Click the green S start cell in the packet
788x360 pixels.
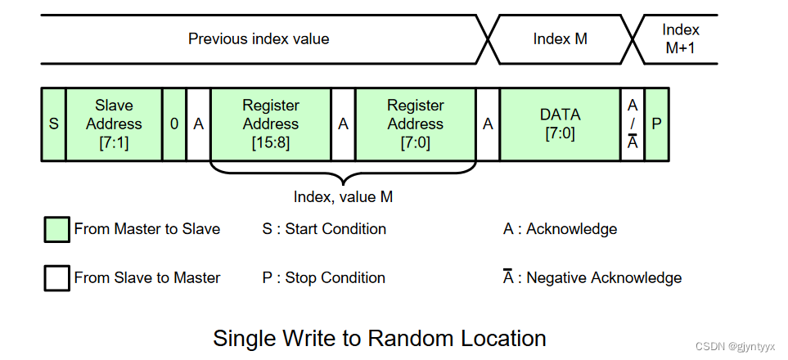tap(53, 124)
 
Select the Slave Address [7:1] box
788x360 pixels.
tap(114, 124)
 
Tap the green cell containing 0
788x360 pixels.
tap(174, 124)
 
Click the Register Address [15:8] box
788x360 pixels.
tap(271, 124)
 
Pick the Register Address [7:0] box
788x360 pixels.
tap(415, 124)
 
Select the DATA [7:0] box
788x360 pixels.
tap(560, 124)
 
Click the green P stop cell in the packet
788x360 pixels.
tap(656, 124)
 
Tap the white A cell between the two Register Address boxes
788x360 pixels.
tap(344, 124)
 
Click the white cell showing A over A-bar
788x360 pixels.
tap(633, 124)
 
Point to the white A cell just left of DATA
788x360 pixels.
tap(488, 124)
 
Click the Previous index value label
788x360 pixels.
tap(259, 38)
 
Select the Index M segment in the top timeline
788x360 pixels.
tap(560, 38)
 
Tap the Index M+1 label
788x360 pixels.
tap(680, 38)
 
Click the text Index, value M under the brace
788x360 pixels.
tap(343, 196)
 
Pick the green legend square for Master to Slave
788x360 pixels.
tap(56, 230)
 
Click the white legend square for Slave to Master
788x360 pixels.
tap(56, 278)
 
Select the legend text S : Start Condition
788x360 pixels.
tap(324, 229)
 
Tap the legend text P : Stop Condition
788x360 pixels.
tap(323, 278)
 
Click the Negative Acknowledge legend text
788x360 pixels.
tap(603, 278)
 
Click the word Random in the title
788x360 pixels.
tap(410, 338)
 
